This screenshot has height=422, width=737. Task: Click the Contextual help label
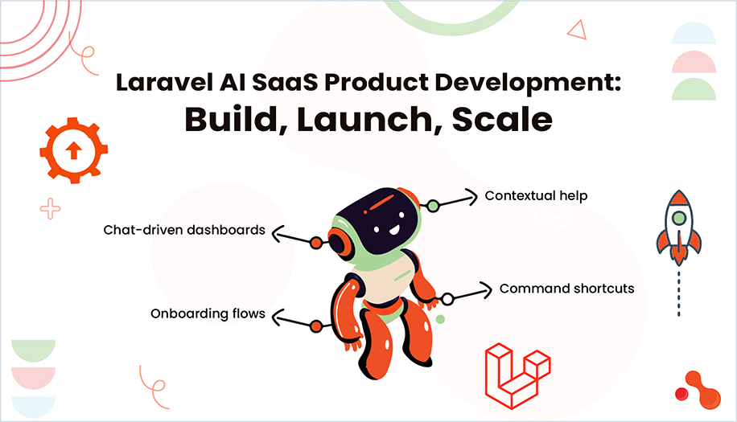(x=536, y=195)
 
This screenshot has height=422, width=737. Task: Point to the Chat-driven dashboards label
(x=184, y=230)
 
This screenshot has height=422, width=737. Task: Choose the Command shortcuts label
(x=567, y=288)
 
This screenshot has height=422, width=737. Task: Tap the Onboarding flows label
(x=208, y=313)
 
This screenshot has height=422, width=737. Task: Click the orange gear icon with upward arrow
(x=73, y=151)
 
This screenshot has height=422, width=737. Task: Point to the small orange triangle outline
(x=577, y=30)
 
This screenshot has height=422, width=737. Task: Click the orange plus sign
(x=50, y=209)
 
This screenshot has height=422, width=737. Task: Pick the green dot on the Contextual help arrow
(x=433, y=206)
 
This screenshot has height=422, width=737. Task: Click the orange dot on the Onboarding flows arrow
(x=316, y=326)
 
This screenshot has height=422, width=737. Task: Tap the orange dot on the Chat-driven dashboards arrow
(x=316, y=242)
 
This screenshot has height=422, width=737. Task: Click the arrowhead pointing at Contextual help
(x=473, y=193)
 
